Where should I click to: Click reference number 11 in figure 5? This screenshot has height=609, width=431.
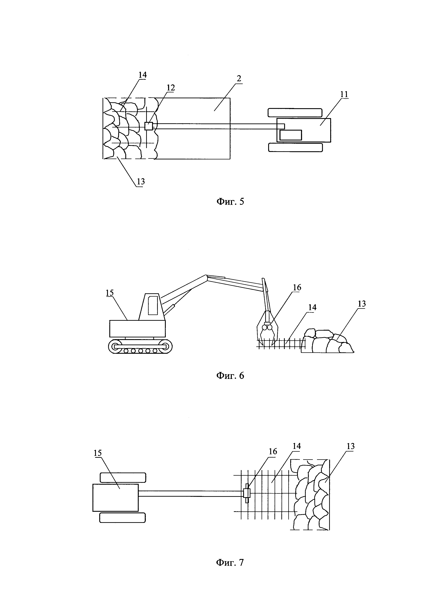344,94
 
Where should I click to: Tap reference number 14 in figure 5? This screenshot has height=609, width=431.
143,75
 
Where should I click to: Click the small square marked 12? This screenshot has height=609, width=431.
149,126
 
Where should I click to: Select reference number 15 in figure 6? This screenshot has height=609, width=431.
110,293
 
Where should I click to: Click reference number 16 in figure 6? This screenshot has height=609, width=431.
297,287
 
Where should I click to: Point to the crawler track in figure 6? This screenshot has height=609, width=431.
140,346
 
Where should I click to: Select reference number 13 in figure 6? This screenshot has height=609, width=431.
362,304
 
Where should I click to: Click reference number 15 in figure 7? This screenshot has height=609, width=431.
98,453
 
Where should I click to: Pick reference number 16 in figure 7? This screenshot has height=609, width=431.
273,451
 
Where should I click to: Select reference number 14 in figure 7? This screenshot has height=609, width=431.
297,446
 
